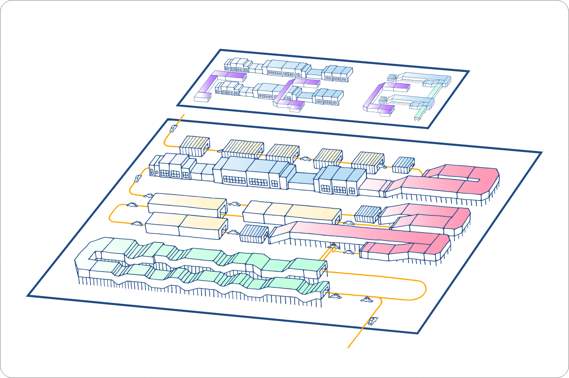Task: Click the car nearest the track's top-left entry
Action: [174, 129]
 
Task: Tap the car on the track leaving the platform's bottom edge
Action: [373, 321]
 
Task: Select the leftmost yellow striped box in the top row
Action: [194, 146]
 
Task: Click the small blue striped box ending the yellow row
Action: [403, 164]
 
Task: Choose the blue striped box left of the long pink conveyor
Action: [254, 233]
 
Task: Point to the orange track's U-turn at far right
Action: [425, 289]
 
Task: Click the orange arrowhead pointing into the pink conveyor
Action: [334, 245]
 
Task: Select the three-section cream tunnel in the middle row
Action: [292, 212]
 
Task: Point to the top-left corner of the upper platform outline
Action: [220, 50]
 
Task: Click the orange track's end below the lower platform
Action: [349, 348]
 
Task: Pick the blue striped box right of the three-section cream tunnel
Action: [367, 214]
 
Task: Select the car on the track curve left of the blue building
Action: [138, 178]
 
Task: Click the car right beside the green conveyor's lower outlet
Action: [335, 296]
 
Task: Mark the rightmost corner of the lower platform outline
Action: [541, 153]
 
